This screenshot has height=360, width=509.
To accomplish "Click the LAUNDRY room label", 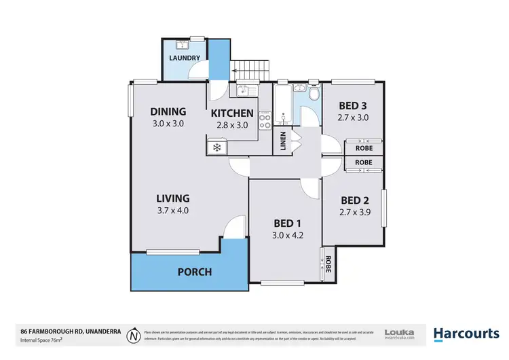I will click(x=185, y=58).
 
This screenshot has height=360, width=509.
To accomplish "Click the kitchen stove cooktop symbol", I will click(x=266, y=120).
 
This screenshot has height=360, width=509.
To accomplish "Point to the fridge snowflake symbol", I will click(x=217, y=147).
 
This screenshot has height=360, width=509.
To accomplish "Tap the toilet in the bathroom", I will click(x=313, y=94).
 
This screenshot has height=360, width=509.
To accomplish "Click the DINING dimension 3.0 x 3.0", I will click(x=168, y=124).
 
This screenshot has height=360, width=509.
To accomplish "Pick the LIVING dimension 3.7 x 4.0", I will click(x=172, y=210).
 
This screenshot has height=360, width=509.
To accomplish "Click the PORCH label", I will click(x=195, y=272).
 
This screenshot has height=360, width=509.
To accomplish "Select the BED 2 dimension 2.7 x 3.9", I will click(x=355, y=211).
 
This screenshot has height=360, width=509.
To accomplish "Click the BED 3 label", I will click(x=353, y=105).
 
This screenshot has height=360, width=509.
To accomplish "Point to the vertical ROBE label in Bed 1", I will click(x=327, y=262).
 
